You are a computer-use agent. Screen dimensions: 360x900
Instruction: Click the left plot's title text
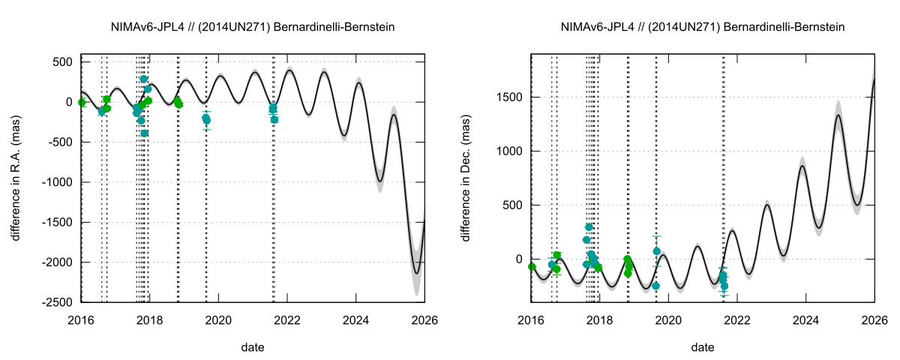(253, 27)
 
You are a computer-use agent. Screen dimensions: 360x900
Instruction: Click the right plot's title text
(703, 27)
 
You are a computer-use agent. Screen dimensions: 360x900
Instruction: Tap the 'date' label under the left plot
(253, 347)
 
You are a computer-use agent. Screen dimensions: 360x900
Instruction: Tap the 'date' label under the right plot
(703, 347)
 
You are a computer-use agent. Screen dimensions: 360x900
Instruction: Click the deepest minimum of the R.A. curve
(417, 274)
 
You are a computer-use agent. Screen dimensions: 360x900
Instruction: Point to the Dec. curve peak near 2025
(838, 115)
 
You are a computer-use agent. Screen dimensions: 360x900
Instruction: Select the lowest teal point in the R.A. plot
(144, 133)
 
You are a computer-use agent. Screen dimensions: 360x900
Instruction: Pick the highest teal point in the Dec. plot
(589, 226)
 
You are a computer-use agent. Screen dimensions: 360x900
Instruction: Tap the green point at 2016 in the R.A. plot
(82, 102)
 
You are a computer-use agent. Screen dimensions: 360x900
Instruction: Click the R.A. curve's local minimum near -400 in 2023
(343, 136)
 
